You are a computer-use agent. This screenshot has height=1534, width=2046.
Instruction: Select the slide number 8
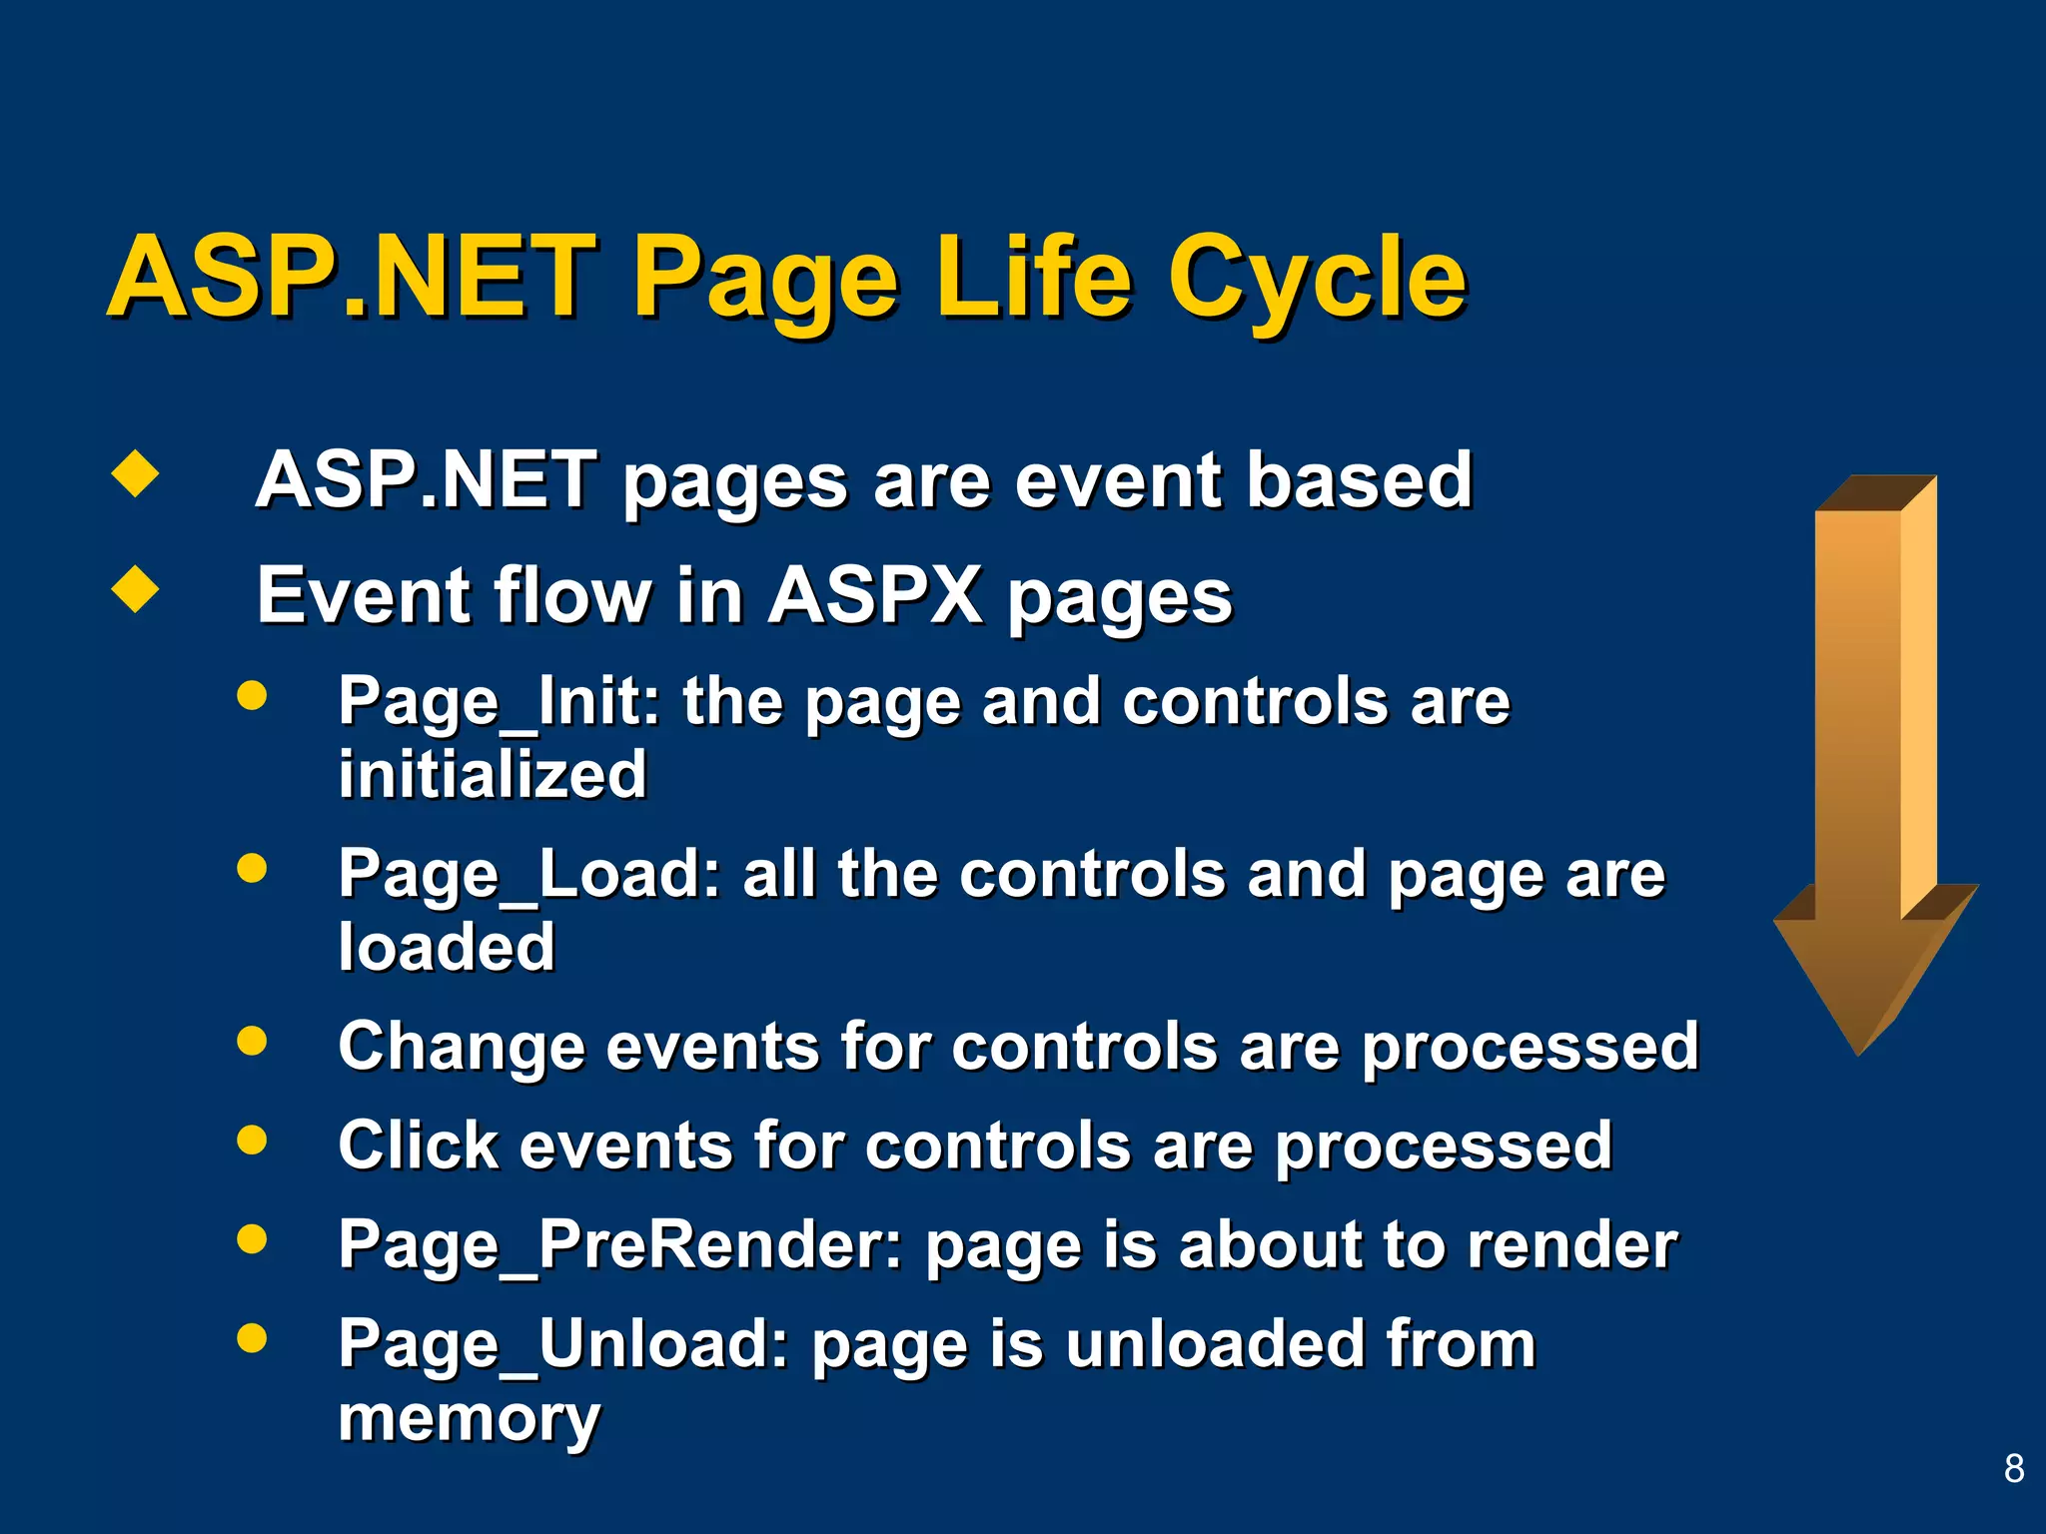[x=2014, y=1468]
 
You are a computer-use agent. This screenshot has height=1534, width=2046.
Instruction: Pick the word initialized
[x=493, y=775]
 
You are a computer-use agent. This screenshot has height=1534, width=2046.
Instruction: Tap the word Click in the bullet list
[x=418, y=1146]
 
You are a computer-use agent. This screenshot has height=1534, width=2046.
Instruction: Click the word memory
[x=469, y=1419]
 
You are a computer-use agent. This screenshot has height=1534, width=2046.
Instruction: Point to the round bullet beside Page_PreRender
[x=252, y=1238]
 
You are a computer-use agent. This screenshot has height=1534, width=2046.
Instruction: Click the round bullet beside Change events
[x=252, y=1041]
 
